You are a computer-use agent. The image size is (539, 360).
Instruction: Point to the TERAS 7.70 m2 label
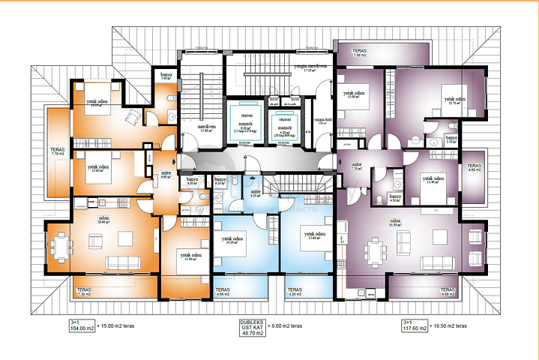(58, 151)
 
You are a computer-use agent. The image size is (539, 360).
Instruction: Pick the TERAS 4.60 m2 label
(473, 168)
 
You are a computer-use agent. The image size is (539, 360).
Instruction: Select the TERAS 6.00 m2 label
(448, 292)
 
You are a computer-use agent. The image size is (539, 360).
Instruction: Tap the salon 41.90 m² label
(395, 223)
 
